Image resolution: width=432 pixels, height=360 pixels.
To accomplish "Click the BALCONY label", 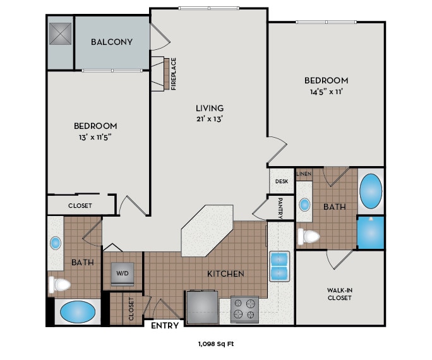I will pyautogui.click(x=112, y=42).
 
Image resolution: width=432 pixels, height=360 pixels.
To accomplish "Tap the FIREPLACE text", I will pyautogui.click(x=174, y=74).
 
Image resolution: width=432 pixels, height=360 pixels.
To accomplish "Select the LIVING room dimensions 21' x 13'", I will pyautogui.click(x=209, y=118).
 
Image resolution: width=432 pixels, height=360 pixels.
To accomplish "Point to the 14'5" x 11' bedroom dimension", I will pyautogui.click(x=326, y=92).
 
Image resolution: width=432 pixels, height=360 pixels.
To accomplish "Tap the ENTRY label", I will pyautogui.click(x=165, y=325).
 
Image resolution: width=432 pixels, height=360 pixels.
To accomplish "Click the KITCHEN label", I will pyautogui.click(x=226, y=273).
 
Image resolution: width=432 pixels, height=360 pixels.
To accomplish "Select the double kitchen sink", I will pyautogui.click(x=279, y=266).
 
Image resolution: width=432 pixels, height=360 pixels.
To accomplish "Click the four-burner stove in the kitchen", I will pyautogui.click(x=244, y=309).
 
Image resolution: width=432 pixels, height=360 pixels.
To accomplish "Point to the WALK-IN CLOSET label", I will pyautogui.click(x=339, y=294).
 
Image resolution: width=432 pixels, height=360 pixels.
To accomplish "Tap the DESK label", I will pyautogui.click(x=281, y=181).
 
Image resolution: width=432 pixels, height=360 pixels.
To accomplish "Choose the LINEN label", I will pyautogui.click(x=304, y=173).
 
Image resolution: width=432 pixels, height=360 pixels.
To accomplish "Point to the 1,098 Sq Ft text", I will pyautogui.click(x=215, y=344).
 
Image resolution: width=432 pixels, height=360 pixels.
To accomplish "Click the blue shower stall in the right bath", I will pyautogui.click(x=370, y=232).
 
